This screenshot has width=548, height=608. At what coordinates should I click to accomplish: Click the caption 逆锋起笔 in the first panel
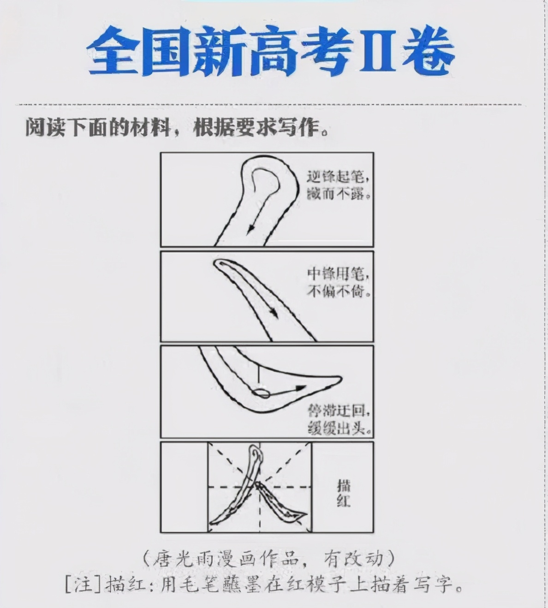(338, 178)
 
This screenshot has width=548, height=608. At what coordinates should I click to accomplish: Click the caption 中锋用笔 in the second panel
(338, 275)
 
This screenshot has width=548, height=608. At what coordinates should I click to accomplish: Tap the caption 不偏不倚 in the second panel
(338, 292)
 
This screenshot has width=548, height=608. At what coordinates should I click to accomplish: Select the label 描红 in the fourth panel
(344, 493)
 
